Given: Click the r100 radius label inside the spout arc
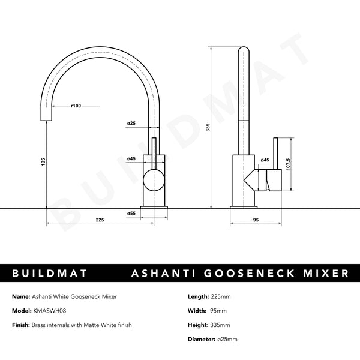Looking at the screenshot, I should pos(76,106).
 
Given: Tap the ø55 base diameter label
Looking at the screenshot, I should pos(130,214).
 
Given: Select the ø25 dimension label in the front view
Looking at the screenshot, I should pos(130,124).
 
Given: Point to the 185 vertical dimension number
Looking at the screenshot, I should pos(43,163).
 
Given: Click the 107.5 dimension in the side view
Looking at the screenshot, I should pos(289,163).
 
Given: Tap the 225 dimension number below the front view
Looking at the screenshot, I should pos(100,221).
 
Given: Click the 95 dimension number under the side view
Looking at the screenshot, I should pos(255,221).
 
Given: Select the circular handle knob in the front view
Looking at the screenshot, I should pos(154,178).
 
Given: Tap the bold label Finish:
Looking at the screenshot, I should pos(22,325).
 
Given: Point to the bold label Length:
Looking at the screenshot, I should pos(199,296).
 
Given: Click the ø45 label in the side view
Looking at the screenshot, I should pos(265,160).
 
